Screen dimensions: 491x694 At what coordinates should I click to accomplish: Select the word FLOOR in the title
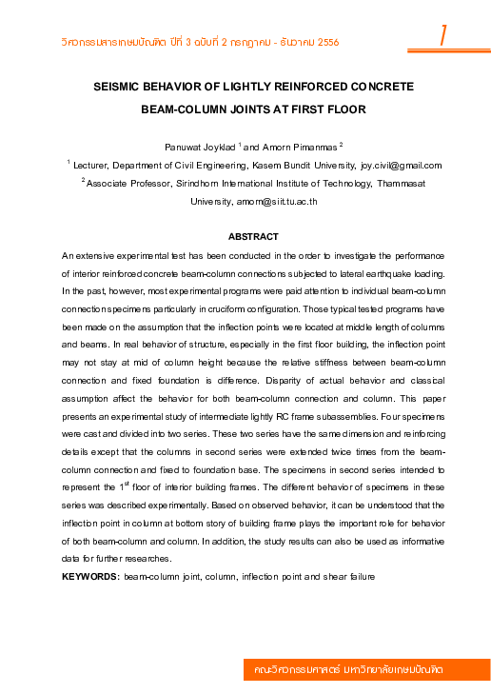click(344, 109)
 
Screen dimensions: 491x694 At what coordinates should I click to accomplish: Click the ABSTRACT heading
click(253, 236)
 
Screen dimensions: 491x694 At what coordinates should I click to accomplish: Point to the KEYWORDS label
click(90, 577)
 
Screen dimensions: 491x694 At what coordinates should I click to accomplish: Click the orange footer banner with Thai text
click(366, 670)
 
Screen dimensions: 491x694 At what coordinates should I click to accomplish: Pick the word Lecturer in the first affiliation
click(94, 165)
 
